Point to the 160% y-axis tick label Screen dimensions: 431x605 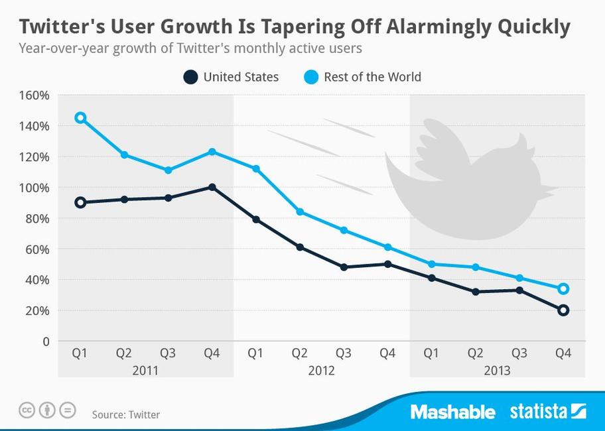(x=34, y=95)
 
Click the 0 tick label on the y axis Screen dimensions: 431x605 (x=45, y=341)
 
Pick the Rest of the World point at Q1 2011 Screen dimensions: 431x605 (x=80, y=118)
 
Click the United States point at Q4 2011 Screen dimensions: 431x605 (x=212, y=187)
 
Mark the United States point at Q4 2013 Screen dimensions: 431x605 (x=563, y=310)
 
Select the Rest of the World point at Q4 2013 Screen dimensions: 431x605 (x=563, y=288)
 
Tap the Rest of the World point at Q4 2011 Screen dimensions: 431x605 (x=212, y=152)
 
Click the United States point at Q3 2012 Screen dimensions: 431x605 (x=344, y=267)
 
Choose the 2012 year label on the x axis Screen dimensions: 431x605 (x=321, y=370)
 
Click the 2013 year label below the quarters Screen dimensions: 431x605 (x=497, y=370)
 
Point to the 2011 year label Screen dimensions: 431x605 (x=145, y=370)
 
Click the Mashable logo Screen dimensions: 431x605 (x=452, y=412)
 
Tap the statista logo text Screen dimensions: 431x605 (x=538, y=412)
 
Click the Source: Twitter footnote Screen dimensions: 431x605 (x=126, y=415)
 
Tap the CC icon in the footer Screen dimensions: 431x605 (x=27, y=410)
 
